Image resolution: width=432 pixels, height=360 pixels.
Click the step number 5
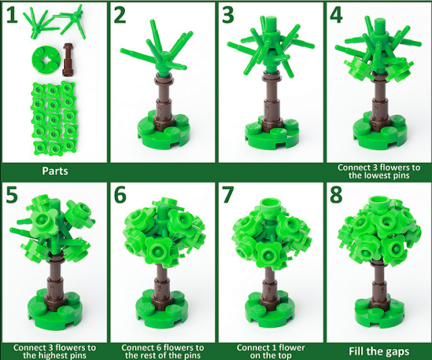click(11, 195)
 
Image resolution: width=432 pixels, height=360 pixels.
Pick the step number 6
click(120, 195)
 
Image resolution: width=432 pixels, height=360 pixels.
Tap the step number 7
click(228, 195)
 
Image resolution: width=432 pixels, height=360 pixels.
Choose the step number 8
click(336, 195)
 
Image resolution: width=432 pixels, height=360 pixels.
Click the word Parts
click(55, 171)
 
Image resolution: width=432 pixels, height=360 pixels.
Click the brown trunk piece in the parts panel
click(67, 59)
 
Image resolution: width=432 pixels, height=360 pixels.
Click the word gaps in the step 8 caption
click(397, 352)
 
